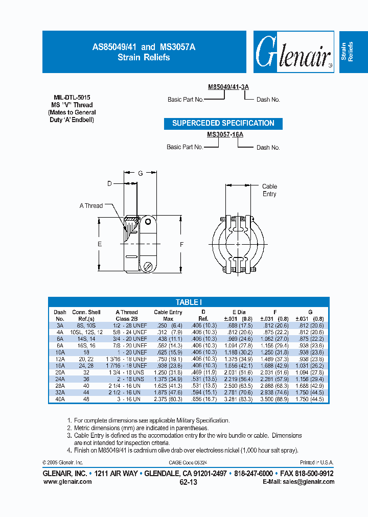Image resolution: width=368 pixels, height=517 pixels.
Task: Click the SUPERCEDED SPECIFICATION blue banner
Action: [223, 123]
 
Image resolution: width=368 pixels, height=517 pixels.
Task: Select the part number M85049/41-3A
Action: [228, 87]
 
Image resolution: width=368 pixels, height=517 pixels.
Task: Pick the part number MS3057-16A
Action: [225, 134]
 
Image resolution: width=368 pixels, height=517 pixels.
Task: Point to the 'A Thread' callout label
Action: [91, 206]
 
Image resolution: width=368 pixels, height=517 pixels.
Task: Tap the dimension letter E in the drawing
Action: [100, 244]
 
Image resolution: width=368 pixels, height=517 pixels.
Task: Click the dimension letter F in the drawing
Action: [181, 244]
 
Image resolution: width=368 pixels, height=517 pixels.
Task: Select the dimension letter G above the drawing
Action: [140, 174]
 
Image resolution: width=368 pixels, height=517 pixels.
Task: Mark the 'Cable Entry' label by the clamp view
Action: [269, 191]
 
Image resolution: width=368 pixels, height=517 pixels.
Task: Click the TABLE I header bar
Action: [189, 302]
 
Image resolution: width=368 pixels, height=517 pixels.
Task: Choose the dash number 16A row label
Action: [60, 366]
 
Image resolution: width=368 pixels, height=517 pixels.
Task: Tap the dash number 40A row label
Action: [60, 399]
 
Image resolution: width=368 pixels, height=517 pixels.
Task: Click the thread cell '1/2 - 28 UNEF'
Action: [126, 325]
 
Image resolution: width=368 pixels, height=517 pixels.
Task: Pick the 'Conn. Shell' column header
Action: [86, 312]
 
